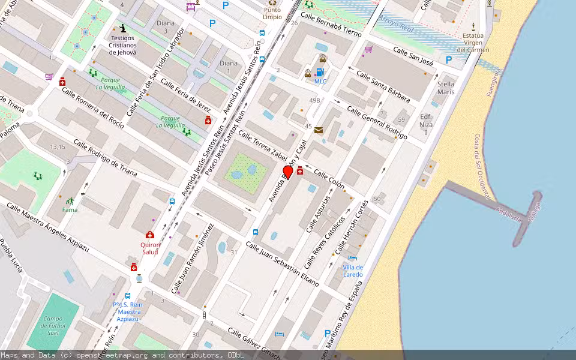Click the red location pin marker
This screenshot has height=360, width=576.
288,172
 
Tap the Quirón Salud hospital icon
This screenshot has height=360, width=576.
150,235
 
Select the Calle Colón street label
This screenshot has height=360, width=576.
329,179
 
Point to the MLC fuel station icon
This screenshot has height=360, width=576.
320,73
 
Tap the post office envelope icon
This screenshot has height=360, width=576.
318,130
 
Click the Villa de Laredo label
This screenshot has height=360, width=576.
353,271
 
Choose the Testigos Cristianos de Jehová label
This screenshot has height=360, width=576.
123,45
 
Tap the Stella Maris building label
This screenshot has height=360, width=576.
446,88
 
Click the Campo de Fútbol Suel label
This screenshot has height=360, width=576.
53,326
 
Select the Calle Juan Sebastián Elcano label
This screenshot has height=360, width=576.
282,263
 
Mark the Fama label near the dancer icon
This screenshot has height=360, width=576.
70,210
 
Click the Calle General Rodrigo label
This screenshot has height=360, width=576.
377,123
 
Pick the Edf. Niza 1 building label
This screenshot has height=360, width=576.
425,124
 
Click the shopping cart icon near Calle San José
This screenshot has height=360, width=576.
368,49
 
